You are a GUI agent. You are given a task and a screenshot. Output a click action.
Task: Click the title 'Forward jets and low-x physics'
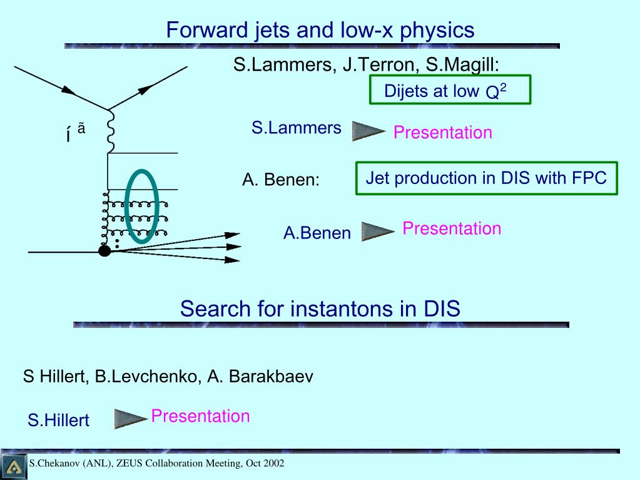(x=320, y=29)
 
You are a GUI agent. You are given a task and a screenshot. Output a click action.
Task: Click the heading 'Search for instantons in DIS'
(x=320, y=309)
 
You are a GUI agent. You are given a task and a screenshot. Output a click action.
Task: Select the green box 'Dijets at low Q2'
(x=449, y=89)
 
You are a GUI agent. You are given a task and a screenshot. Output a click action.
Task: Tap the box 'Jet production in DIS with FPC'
(x=486, y=178)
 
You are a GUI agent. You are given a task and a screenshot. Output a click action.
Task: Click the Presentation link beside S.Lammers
(x=442, y=133)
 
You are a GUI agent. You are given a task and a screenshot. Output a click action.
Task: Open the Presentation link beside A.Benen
(x=452, y=228)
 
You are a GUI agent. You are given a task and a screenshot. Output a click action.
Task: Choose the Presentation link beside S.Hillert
(x=200, y=416)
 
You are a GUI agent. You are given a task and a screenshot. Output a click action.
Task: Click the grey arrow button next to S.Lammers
(x=368, y=131)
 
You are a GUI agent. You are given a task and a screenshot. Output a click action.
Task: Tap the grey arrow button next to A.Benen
(x=377, y=232)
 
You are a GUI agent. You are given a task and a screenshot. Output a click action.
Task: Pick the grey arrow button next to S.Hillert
(x=130, y=419)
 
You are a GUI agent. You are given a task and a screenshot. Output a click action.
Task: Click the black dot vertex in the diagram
(x=104, y=251)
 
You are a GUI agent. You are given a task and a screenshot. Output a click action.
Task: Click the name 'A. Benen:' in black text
(x=281, y=180)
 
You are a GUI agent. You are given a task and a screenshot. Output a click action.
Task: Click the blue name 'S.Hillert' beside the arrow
(x=58, y=421)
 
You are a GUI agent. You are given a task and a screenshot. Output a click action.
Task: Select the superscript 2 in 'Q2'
(x=502, y=88)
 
